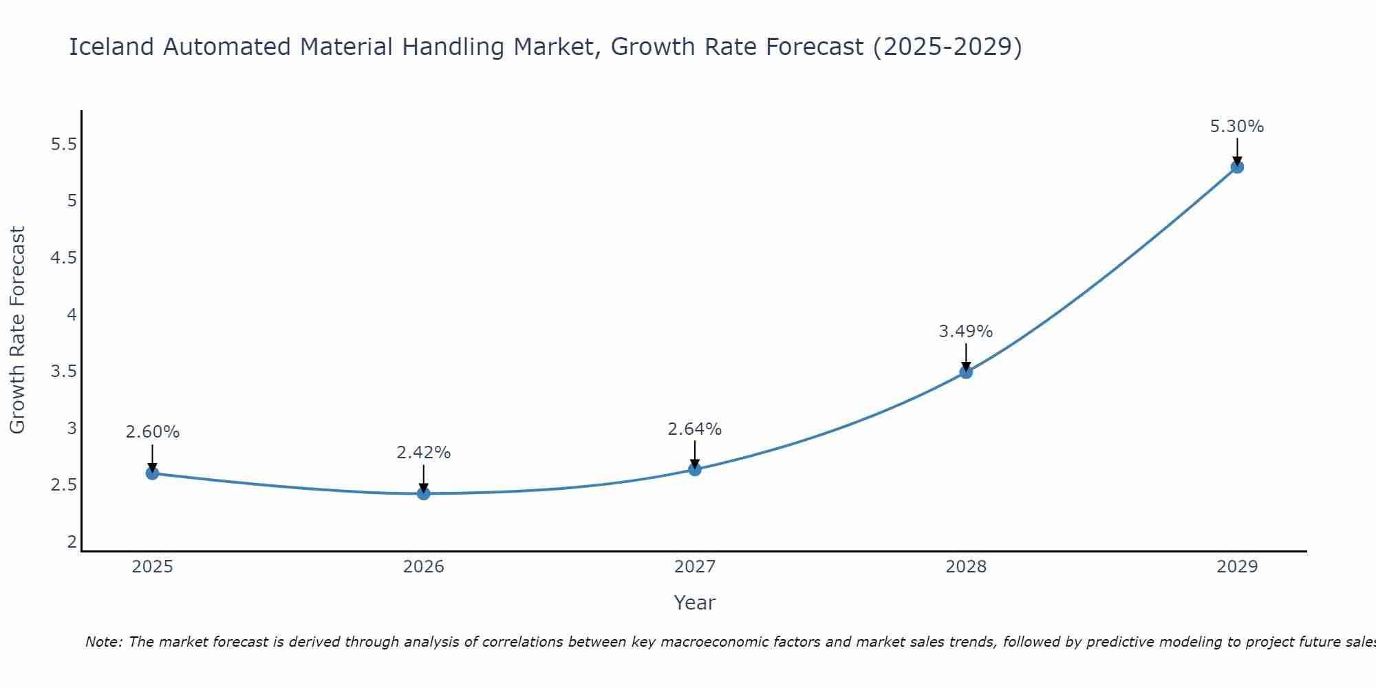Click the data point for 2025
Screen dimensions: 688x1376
click(152, 473)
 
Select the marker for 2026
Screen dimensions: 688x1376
click(424, 493)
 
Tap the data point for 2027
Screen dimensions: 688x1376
click(695, 469)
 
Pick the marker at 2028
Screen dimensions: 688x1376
click(966, 372)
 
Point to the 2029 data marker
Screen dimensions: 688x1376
click(1237, 166)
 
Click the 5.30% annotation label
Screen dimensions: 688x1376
click(1237, 127)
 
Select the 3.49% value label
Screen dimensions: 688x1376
click(966, 332)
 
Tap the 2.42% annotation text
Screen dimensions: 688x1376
click(424, 453)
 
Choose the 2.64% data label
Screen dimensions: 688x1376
click(695, 429)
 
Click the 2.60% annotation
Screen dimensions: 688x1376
click(152, 432)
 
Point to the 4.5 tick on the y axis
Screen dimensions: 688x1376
click(64, 258)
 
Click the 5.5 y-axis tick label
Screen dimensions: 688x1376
click(64, 144)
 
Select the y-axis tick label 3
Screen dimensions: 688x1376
click(72, 429)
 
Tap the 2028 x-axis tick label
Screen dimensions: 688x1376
click(966, 567)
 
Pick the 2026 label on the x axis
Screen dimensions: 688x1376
click(424, 567)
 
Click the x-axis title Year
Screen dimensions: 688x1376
click(695, 603)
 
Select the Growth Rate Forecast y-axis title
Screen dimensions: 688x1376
click(18, 330)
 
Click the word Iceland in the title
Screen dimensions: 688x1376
click(111, 47)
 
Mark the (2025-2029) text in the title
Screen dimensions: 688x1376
click(947, 47)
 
